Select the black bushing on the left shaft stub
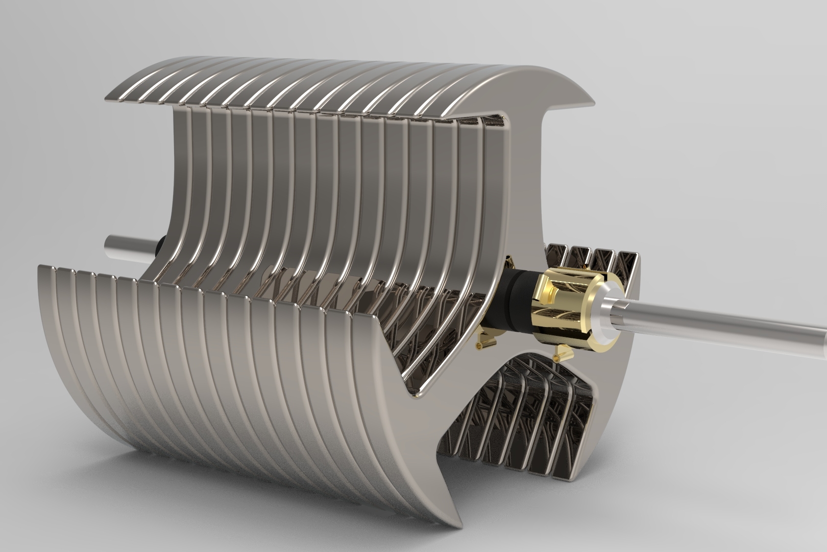(159, 245)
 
